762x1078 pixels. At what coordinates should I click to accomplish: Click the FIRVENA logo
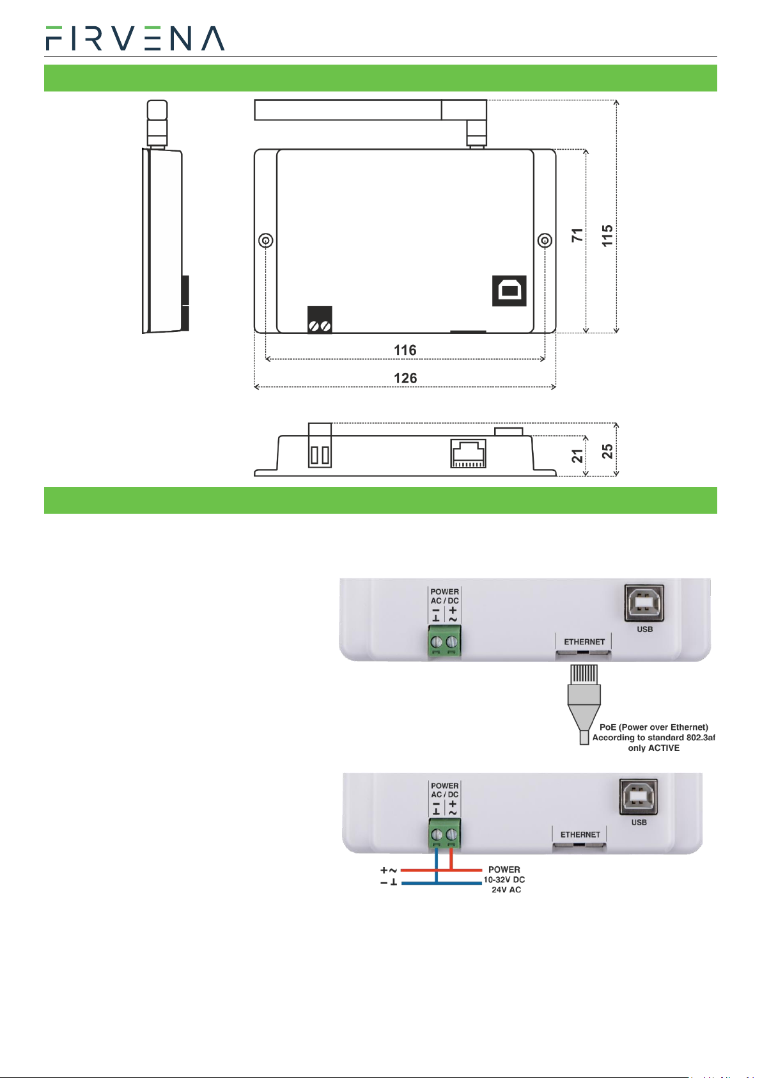tap(135, 38)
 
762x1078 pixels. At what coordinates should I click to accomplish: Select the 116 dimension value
tap(405, 350)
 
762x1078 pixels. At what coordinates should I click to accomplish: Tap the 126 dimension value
tap(405, 378)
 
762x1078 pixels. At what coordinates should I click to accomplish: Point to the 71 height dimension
tap(577, 235)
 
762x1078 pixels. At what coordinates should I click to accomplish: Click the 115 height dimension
tap(607, 235)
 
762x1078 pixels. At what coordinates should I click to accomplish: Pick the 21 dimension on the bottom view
tap(577, 456)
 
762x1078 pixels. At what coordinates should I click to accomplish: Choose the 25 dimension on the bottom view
tap(607, 451)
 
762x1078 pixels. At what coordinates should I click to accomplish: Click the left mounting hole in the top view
tap(266, 240)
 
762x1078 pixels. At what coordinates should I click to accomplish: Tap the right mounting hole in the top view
tap(545, 240)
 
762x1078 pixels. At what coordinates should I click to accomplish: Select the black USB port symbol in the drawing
tap(509, 290)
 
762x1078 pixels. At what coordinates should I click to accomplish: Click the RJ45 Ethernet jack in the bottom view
tap(468, 454)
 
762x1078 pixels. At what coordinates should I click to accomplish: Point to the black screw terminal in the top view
tap(320, 319)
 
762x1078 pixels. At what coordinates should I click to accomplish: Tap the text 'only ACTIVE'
tap(653, 748)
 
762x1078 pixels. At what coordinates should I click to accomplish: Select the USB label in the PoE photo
tap(644, 629)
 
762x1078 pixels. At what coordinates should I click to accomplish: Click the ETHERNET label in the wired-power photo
tap(580, 834)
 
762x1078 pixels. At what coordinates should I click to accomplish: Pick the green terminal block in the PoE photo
tap(444, 641)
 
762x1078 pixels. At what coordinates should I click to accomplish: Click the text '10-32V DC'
tap(504, 879)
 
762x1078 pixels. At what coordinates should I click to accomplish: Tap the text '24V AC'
tap(506, 889)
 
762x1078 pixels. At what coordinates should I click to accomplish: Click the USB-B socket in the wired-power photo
tap(638, 796)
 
